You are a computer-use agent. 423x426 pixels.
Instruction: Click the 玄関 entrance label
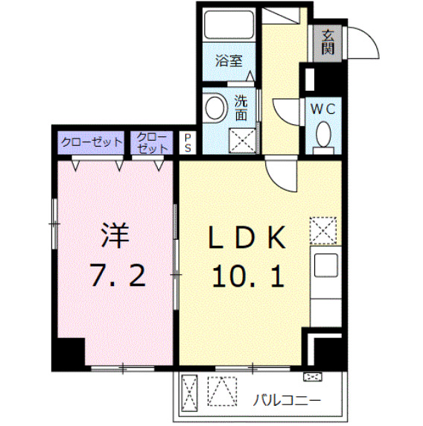(x=328, y=42)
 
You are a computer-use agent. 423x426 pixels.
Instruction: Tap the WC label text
(x=323, y=109)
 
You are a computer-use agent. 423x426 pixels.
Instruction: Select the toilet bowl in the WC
(x=323, y=135)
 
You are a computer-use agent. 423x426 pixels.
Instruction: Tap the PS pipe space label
(x=188, y=142)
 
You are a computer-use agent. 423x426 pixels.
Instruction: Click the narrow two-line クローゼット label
(x=152, y=142)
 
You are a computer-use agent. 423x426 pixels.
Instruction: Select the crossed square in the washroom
(x=241, y=139)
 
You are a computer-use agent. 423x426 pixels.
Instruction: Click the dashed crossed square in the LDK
(x=323, y=231)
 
